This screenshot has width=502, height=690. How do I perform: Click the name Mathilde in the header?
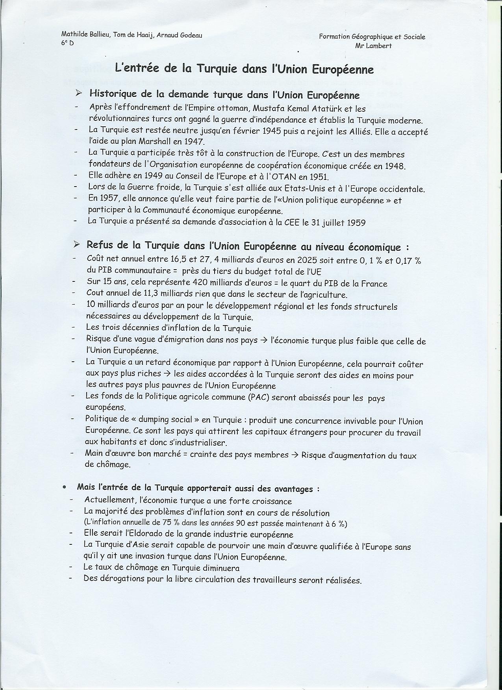click(x=74, y=35)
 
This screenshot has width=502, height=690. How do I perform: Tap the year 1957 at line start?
click(x=98, y=199)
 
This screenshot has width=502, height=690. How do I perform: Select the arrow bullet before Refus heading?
click(x=76, y=245)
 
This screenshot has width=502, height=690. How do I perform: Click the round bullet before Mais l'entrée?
click(x=64, y=488)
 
